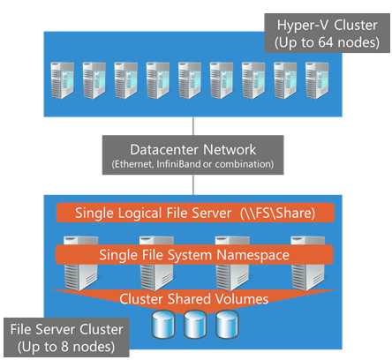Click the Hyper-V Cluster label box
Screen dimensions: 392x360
pyautogui.click(x=327, y=33)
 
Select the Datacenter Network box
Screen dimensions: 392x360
pyautogui.click(x=193, y=155)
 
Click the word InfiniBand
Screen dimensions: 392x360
pyautogui.click(x=178, y=164)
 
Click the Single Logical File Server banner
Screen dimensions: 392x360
pyautogui.click(x=195, y=213)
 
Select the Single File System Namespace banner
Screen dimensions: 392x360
pyautogui.click(x=194, y=255)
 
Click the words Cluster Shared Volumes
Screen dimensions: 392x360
pyautogui.click(x=194, y=299)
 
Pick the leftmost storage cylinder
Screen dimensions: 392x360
pyautogui.click(x=163, y=325)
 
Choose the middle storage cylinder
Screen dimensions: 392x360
pyautogui.click(x=195, y=325)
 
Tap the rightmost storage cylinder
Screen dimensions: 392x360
pyautogui.click(x=227, y=325)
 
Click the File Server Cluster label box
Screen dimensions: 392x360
pyautogui.click(x=66, y=337)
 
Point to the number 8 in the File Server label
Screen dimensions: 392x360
pyautogui.click(x=64, y=347)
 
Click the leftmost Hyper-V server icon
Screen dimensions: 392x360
pyautogui.click(x=62, y=80)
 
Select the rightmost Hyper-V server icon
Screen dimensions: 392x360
pyautogui.click(x=317, y=80)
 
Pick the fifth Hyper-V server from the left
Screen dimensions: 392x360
pyautogui.click(x=190, y=80)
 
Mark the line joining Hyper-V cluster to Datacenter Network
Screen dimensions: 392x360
pyautogui.click(x=193, y=126)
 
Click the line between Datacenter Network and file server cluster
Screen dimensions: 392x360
pyautogui.click(x=193, y=184)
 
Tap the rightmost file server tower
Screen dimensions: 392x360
pyautogui.click(x=308, y=263)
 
